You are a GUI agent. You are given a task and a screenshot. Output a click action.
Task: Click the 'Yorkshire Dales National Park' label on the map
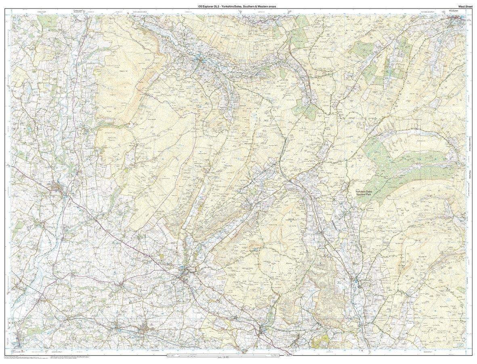pos(366,193)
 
